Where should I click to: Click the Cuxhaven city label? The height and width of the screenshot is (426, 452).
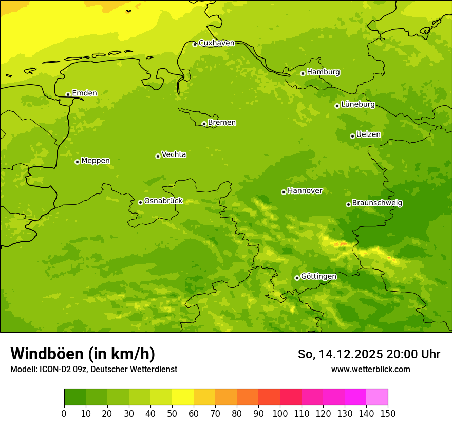pyautogui.click(x=216, y=43)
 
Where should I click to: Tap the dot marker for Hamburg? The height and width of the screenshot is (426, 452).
pyautogui.click(x=303, y=73)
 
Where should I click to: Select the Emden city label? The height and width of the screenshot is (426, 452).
pyautogui.click(x=84, y=93)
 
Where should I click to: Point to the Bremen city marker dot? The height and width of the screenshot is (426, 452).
pyautogui.click(x=204, y=124)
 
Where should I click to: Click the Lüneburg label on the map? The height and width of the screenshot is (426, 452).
pyautogui.click(x=358, y=105)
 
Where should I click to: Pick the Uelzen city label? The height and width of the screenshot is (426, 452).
pyautogui.click(x=368, y=135)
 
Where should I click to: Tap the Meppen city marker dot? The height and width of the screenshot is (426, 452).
pyautogui.click(x=77, y=162)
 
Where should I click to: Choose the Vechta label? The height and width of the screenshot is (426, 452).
pyautogui.click(x=174, y=155)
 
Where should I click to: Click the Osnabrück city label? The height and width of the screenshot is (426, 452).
pyautogui.click(x=163, y=201)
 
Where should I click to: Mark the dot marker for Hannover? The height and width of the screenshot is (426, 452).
pyautogui.click(x=284, y=192)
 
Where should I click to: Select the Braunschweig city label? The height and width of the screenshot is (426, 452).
pyautogui.click(x=377, y=203)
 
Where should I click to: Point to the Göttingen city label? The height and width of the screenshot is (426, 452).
pyautogui.click(x=318, y=277)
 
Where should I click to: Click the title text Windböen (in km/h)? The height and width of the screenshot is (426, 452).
pyautogui.click(x=83, y=354)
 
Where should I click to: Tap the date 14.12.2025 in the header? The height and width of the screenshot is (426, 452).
pyautogui.click(x=351, y=354)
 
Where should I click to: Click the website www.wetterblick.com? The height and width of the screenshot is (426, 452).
pyautogui.click(x=370, y=370)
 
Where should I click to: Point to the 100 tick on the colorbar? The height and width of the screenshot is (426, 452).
pyautogui.click(x=280, y=414)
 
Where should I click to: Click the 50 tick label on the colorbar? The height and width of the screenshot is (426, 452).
pyautogui.click(x=172, y=414)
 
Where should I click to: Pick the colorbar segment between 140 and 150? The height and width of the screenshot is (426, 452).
pyautogui.click(x=377, y=397)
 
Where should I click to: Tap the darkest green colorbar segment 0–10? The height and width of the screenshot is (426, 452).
pyautogui.click(x=75, y=397)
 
